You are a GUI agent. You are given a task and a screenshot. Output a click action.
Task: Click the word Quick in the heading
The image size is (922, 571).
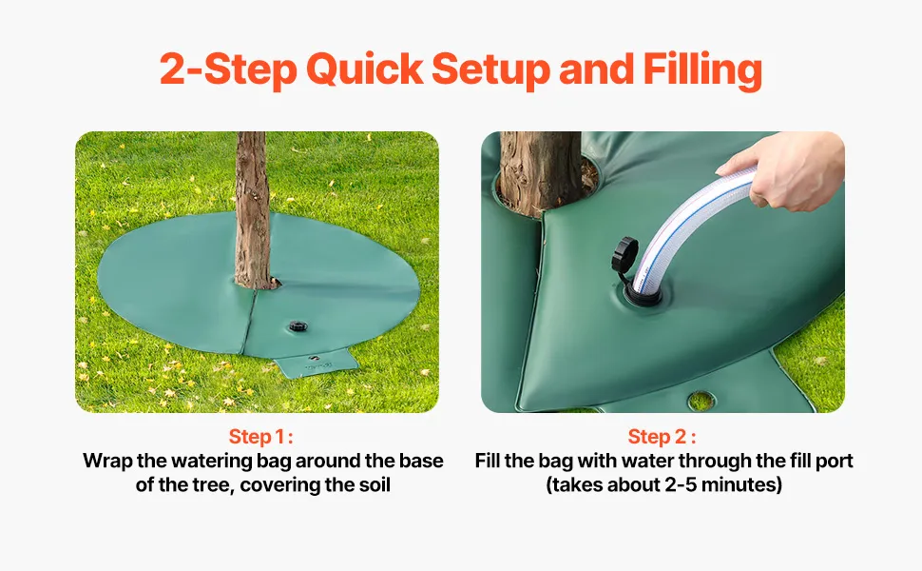[x=364, y=70]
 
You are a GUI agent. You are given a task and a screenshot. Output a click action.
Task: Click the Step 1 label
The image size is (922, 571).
[x=260, y=437]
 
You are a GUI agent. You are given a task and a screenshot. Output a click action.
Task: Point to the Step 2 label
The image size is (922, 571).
[x=663, y=437]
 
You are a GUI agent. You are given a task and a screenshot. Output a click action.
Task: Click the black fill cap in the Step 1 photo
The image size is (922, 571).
[x=298, y=326]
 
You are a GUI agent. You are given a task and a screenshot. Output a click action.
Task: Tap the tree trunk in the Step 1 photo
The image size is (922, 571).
[x=254, y=209]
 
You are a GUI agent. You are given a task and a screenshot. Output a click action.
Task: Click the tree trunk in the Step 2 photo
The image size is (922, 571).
[x=540, y=170]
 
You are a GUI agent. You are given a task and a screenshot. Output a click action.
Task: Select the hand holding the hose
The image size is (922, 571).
[x=785, y=169]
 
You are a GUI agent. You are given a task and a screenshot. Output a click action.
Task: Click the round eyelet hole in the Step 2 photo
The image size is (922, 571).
[x=701, y=402]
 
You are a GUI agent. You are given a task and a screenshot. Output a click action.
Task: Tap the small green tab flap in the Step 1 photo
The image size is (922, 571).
[x=316, y=363]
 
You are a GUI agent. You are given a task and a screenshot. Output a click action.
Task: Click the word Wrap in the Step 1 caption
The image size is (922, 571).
[x=107, y=461]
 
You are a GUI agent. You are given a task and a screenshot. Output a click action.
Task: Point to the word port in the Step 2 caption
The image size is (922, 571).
[x=834, y=462]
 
